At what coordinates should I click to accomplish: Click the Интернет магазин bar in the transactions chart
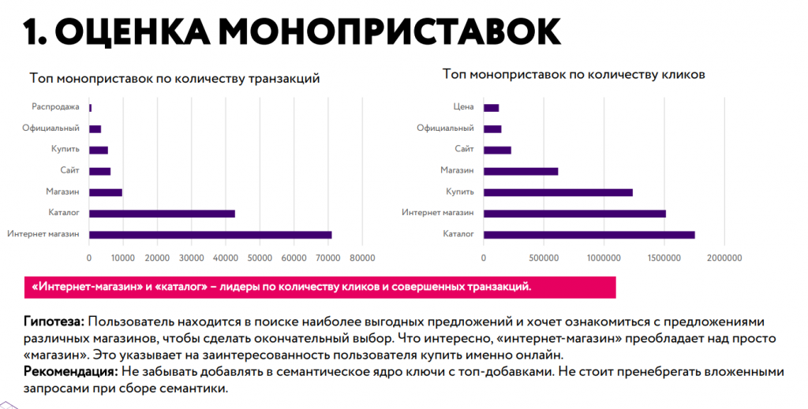coord(210,234)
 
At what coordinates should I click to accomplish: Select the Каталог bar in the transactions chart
coord(162,214)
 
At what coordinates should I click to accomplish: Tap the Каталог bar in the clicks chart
coord(589,234)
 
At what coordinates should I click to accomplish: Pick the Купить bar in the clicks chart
coord(558,192)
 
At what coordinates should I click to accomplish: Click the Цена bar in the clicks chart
coord(491,108)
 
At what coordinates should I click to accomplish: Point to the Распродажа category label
coord(55,107)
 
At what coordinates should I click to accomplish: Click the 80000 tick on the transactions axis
coord(362,257)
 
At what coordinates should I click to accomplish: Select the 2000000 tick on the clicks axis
coord(724,257)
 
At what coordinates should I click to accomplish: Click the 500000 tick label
coord(544,257)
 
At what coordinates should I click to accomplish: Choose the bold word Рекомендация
coord(70,372)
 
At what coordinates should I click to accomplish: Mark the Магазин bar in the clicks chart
coord(521,171)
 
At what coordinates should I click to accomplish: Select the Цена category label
coord(463,107)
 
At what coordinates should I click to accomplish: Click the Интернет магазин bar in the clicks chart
coord(574,214)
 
